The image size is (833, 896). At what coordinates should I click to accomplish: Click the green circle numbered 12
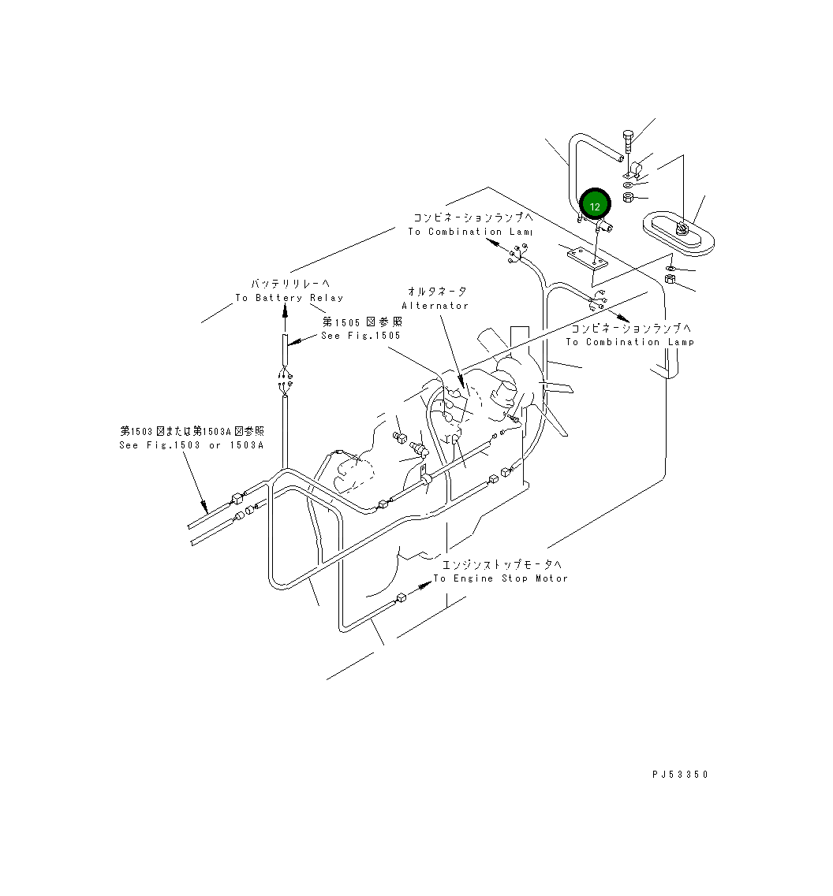point(595,206)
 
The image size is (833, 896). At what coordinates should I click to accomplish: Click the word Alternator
point(435,305)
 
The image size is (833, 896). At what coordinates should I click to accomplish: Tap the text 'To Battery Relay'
point(289,298)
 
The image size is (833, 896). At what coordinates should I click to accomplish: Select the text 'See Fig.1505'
point(360,336)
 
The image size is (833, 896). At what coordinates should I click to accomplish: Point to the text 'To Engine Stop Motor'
point(500,578)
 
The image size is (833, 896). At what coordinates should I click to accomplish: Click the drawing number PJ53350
point(680,775)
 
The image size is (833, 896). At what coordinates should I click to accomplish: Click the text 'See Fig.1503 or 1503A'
point(190,445)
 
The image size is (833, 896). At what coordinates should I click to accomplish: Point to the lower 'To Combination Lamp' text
point(629,342)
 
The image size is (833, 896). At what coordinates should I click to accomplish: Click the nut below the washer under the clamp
point(628,197)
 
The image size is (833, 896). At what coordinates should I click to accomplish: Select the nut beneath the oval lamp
point(669,280)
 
